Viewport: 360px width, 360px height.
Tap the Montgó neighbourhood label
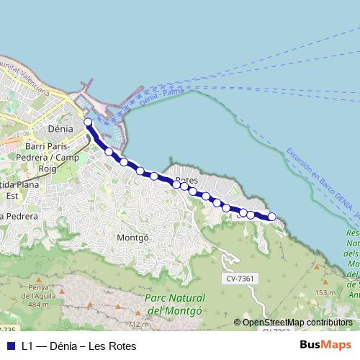[132, 236]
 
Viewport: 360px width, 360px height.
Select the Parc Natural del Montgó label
[175, 304]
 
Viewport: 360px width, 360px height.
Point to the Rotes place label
[186, 181]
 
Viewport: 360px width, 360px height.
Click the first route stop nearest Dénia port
[88, 122]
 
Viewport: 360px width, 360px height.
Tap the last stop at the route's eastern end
[272, 217]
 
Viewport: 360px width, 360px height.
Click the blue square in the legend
[11, 346]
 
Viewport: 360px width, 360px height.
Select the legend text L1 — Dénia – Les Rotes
[78, 346]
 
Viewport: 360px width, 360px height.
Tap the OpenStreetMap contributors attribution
[297, 323]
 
